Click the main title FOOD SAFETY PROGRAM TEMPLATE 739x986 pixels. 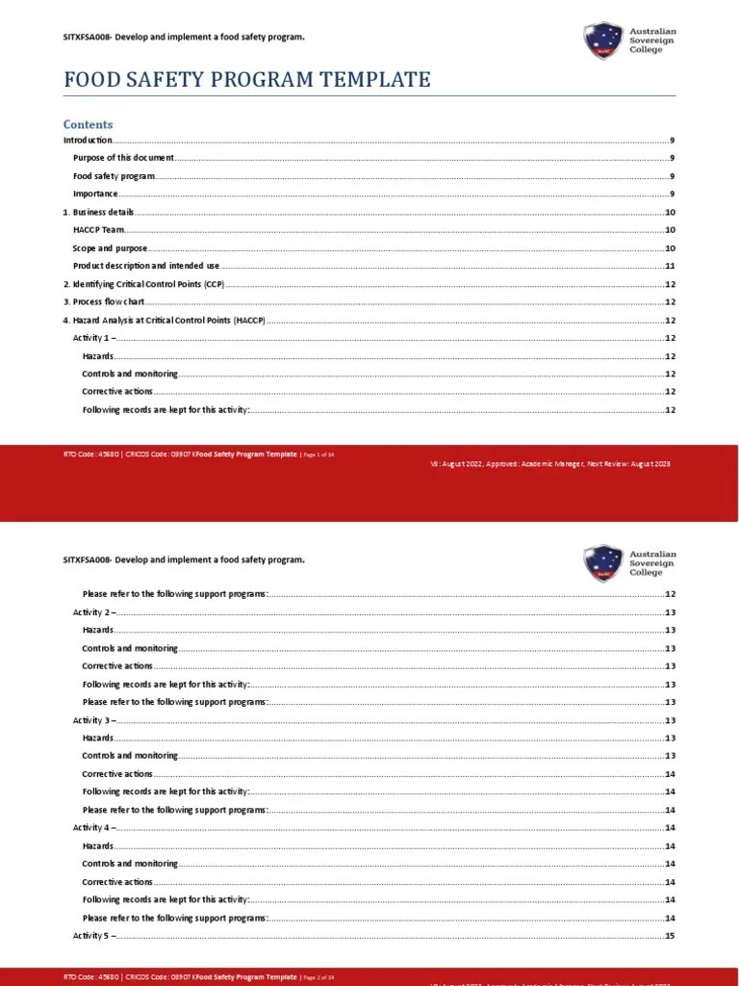[247, 80]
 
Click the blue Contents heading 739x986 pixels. [88, 124]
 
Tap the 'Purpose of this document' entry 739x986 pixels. [123, 158]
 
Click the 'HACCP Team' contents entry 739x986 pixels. [99, 230]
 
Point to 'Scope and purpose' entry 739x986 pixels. [110, 248]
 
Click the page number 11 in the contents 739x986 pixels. [670, 266]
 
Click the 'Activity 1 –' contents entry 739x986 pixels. [94, 338]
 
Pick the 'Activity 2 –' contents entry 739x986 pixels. [94, 612]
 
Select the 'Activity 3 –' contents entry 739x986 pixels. [94, 720]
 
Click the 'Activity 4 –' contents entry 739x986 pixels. [94, 828]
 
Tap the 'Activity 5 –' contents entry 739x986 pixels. [94, 936]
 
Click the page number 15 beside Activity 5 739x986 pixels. [670, 936]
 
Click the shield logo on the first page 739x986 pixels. [602, 40]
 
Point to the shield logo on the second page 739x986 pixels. [602, 563]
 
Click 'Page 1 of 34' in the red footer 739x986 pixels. [319, 454]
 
